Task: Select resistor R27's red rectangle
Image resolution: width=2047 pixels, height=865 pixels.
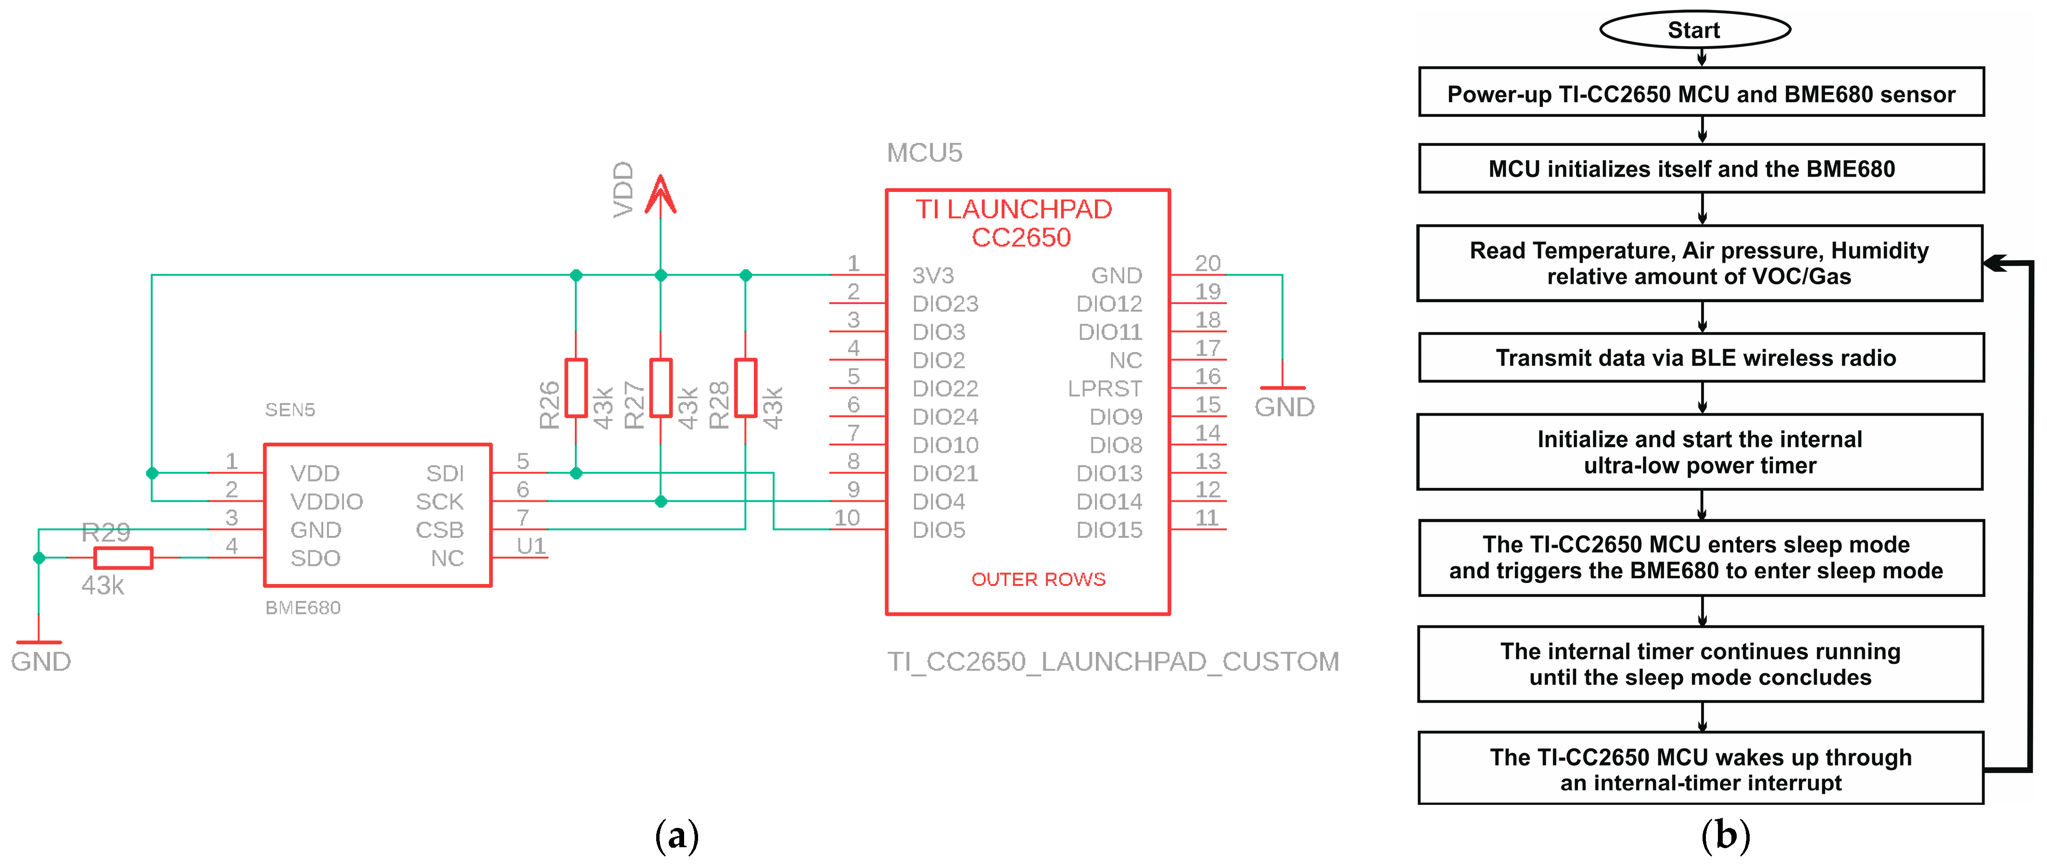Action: click(x=661, y=388)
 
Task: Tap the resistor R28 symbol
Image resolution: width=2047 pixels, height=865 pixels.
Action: click(x=745, y=388)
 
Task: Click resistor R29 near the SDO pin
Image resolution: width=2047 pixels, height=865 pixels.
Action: click(x=123, y=558)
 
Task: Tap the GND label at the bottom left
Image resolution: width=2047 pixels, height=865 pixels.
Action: click(x=40, y=661)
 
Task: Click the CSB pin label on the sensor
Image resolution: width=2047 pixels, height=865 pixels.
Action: click(x=439, y=530)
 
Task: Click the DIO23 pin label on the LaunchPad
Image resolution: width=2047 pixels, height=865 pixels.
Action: click(x=945, y=304)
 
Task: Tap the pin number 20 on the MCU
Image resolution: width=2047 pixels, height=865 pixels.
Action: click(x=1207, y=263)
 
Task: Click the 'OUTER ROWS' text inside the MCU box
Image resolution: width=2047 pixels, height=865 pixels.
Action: click(x=1038, y=579)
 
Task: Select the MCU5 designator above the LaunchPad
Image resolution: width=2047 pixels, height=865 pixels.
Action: click(x=924, y=153)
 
